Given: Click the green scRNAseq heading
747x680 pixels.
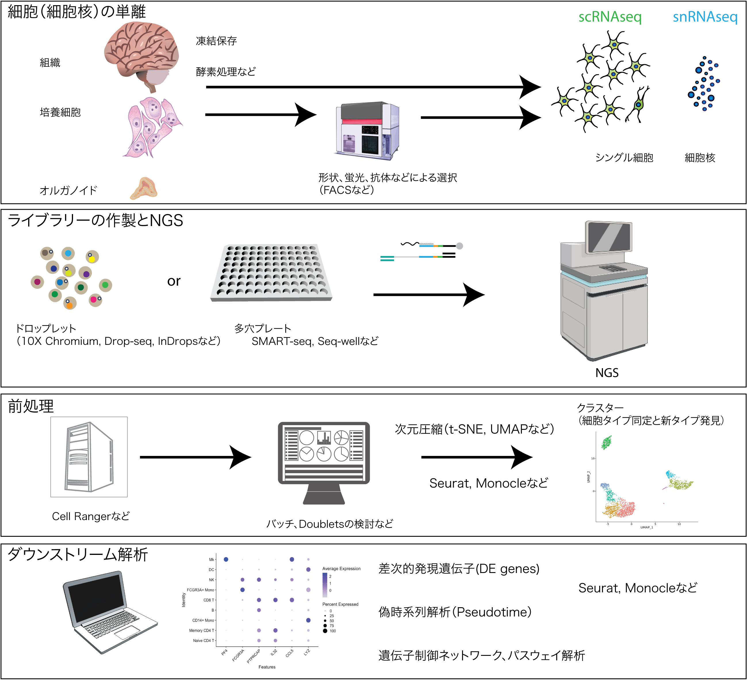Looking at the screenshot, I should (610, 17).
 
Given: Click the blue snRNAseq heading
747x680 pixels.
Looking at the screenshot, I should (705, 17).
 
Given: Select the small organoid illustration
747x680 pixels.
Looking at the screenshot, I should (144, 188).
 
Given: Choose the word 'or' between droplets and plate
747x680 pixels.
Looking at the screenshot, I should (173, 281).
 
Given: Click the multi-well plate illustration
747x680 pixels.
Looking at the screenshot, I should (271, 272).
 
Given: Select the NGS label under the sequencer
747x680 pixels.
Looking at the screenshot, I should (607, 373).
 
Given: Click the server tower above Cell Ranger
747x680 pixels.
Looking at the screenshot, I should (89, 456).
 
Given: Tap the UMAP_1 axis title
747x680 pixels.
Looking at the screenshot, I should (647, 527).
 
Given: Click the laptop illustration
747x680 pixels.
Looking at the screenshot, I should (110, 612).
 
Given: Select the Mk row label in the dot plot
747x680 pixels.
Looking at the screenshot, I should (211, 559).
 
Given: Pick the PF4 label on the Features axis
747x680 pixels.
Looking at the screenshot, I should (224, 653).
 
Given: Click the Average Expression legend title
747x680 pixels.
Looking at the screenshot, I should (341, 568).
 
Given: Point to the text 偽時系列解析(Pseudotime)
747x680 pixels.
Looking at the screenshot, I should (455, 612).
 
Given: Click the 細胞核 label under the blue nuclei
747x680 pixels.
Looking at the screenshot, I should (700, 158).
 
